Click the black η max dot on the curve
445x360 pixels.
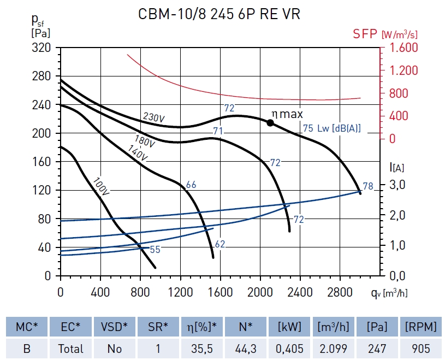point(270,122)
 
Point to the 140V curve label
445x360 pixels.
point(138,153)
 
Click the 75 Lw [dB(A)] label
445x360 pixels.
point(331,129)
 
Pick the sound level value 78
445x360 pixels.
point(368,187)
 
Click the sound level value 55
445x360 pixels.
point(155,250)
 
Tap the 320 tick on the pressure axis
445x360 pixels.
point(41,48)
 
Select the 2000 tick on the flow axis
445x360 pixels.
point(260,292)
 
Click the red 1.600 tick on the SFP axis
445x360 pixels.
point(404,48)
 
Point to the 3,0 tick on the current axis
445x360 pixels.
point(397,185)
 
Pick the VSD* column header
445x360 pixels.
point(114,327)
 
